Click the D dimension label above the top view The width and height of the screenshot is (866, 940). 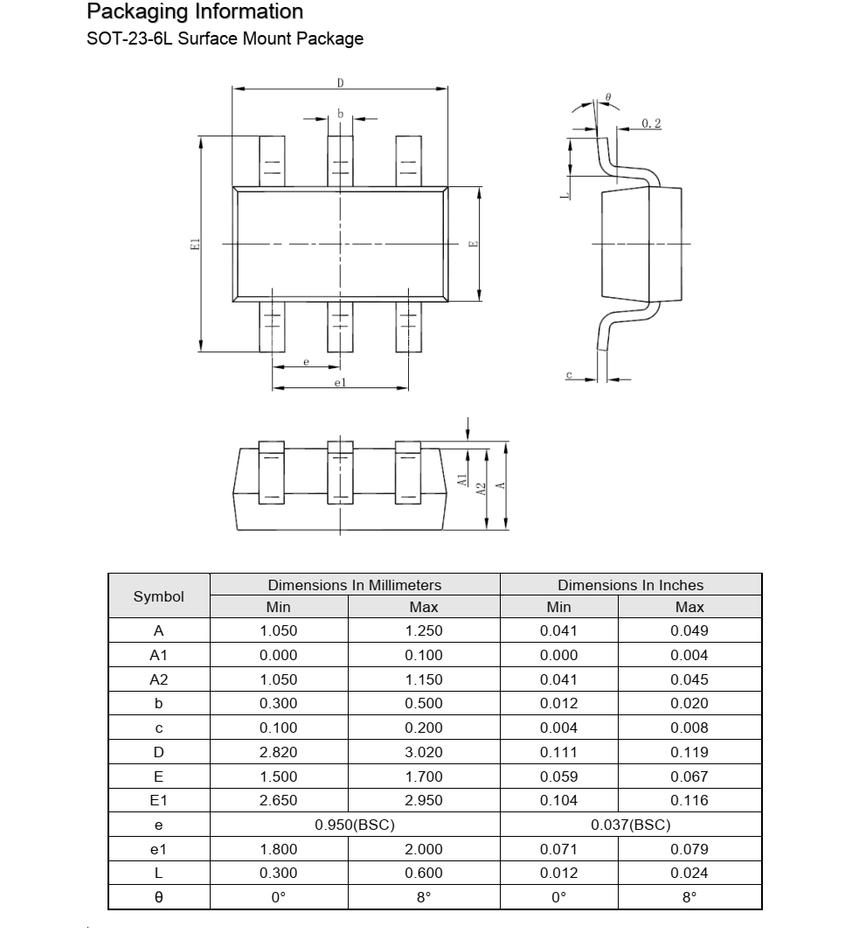click(x=340, y=82)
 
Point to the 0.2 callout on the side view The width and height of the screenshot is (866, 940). click(x=651, y=123)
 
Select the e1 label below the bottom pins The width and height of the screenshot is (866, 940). click(x=340, y=382)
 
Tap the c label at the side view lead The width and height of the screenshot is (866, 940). click(x=569, y=374)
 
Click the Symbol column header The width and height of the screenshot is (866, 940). click(x=159, y=596)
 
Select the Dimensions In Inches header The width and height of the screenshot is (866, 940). click(x=630, y=585)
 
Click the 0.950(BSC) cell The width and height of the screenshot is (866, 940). click(x=355, y=825)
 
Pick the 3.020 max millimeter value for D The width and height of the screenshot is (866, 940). click(x=424, y=752)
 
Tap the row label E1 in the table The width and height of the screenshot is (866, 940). click(x=159, y=800)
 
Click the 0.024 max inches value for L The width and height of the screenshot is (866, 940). click(x=689, y=873)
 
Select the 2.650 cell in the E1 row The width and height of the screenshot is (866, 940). click(x=279, y=800)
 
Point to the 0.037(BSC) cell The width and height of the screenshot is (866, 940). click(x=631, y=825)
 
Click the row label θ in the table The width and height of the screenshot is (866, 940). click(x=159, y=897)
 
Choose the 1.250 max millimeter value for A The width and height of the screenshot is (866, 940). click(x=424, y=630)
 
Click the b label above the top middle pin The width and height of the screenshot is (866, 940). click(x=340, y=114)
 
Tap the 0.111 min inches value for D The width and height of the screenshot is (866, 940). click(x=558, y=752)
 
